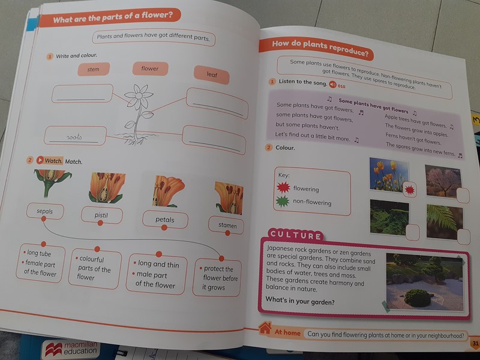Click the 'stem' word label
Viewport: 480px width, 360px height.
(x=94, y=69)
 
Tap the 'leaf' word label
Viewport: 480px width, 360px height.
(x=212, y=74)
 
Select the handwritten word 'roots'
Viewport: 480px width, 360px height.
(x=74, y=137)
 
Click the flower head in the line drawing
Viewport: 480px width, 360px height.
(x=139, y=96)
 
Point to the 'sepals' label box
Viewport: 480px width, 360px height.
(x=45, y=211)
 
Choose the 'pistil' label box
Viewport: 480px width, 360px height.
(x=101, y=215)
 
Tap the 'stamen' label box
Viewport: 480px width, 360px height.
(x=227, y=226)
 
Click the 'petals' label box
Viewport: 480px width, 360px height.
(x=165, y=220)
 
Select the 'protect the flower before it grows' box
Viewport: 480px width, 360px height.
(x=217, y=278)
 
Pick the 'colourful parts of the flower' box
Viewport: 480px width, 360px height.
(x=94, y=268)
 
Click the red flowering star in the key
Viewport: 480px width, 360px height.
(x=283, y=187)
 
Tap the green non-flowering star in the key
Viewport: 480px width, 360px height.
(x=282, y=201)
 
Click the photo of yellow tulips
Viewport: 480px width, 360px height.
(x=389, y=175)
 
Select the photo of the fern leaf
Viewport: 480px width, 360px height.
(x=445, y=221)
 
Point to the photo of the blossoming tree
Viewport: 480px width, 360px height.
(x=443, y=181)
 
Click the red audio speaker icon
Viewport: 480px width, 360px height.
(x=332, y=84)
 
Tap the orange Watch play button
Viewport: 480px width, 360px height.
(x=40, y=160)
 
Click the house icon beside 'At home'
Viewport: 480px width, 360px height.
(x=265, y=328)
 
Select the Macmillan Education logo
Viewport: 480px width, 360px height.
(x=71, y=349)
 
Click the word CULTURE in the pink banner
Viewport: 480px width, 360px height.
(x=296, y=235)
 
